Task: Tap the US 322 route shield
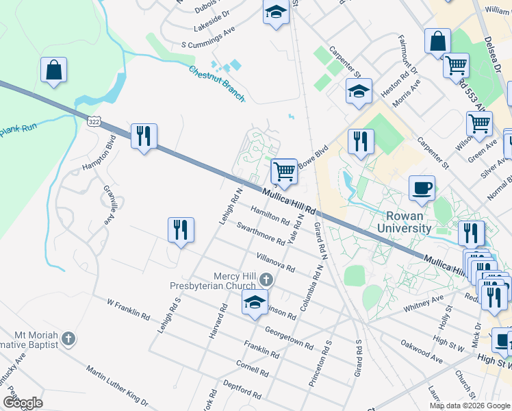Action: tap(94, 121)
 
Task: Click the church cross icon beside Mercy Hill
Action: tap(266, 279)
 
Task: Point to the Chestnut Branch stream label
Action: tap(216, 84)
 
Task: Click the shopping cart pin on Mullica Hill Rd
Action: tap(284, 171)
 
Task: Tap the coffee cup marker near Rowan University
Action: tap(422, 187)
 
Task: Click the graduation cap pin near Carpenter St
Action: tap(359, 91)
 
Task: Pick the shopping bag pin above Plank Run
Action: tap(53, 70)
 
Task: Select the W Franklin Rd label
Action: tap(128, 310)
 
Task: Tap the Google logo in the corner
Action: tap(23, 403)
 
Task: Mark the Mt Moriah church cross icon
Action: tap(68, 338)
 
